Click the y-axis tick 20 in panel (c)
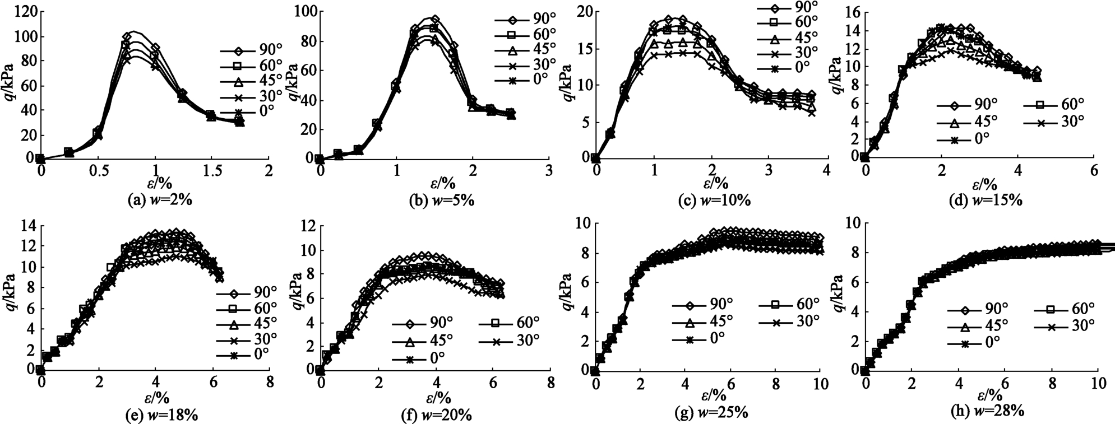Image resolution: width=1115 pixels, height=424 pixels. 585,11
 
